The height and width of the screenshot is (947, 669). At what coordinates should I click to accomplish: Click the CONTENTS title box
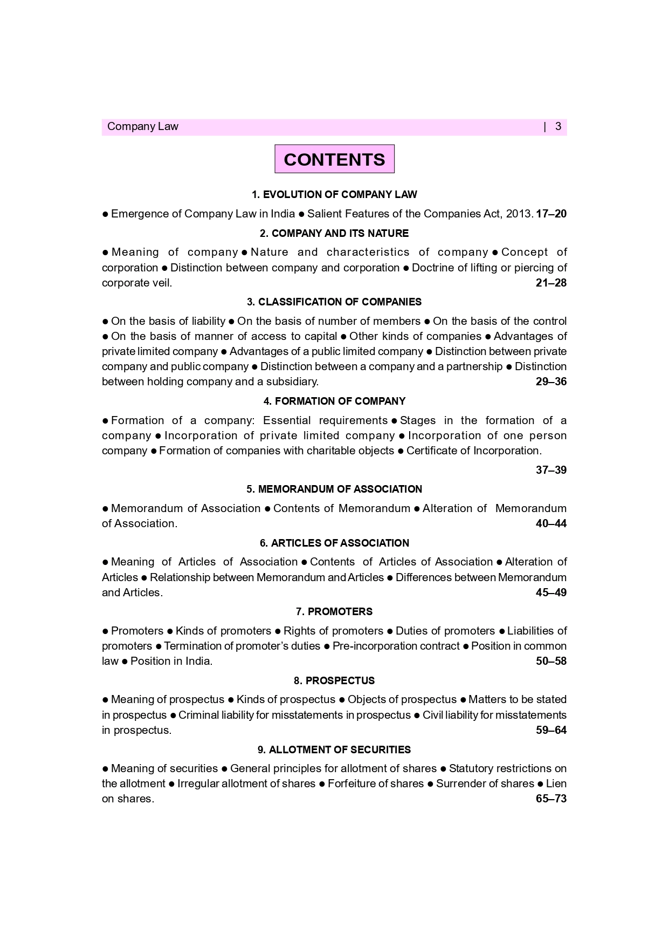pyautogui.click(x=334, y=159)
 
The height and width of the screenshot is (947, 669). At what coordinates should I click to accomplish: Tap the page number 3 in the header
pyautogui.click(x=558, y=127)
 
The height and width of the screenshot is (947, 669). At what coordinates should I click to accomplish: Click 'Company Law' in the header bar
pyautogui.click(x=142, y=127)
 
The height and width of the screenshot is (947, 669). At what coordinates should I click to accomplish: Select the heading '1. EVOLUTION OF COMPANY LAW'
pyautogui.click(x=334, y=194)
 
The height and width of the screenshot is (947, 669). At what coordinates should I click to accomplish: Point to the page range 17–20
pyautogui.click(x=551, y=214)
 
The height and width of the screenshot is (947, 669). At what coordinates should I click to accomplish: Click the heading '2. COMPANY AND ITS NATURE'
pyautogui.click(x=334, y=233)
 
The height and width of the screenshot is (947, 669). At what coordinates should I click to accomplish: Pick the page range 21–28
pyautogui.click(x=551, y=283)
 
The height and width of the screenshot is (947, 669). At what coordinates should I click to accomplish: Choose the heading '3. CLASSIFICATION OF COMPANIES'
pyautogui.click(x=334, y=302)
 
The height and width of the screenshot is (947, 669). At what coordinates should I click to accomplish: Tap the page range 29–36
pyautogui.click(x=551, y=381)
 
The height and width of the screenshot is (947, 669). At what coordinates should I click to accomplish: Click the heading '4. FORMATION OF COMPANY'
pyautogui.click(x=334, y=401)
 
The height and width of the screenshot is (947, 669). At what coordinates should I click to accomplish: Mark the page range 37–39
pyautogui.click(x=551, y=470)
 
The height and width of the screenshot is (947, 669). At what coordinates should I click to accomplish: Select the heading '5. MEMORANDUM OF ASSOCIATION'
pyautogui.click(x=334, y=489)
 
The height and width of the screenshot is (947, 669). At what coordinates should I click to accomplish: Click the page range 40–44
pyautogui.click(x=551, y=523)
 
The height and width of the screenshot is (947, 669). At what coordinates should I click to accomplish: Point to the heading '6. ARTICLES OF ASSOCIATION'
pyautogui.click(x=334, y=543)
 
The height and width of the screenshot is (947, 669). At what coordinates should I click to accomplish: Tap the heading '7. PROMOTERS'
pyautogui.click(x=334, y=611)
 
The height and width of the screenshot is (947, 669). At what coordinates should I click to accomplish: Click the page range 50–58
pyautogui.click(x=551, y=661)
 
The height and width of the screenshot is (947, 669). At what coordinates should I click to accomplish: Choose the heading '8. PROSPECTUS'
pyautogui.click(x=334, y=680)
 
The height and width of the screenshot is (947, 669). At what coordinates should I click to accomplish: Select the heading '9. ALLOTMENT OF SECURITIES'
pyautogui.click(x=334, y=750)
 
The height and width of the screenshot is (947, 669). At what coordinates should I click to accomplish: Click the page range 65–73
pyautogui.click(x=551, y=799)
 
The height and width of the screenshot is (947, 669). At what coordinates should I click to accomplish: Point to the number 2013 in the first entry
pyautogui.click(x=519, y=214)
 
